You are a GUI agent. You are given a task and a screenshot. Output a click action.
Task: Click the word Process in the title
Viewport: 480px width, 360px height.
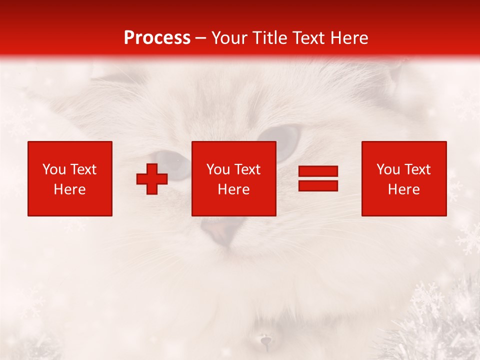[157, 37]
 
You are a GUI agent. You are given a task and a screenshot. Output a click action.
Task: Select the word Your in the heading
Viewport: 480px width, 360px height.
[229, 37]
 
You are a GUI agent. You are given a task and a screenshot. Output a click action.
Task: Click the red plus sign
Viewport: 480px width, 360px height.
[152, 179]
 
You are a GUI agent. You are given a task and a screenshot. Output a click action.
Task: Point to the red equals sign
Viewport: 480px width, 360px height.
[318, 178]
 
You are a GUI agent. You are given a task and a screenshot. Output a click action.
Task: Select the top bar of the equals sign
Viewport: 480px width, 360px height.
[318, 171]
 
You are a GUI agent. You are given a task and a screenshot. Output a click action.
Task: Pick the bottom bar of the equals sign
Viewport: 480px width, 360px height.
[318, 185]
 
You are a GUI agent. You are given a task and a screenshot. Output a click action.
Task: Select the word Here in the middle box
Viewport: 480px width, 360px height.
[234, 189]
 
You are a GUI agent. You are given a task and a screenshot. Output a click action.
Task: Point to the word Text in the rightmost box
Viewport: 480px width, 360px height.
[417, 169]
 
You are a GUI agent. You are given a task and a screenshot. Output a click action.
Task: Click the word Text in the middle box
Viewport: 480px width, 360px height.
[247, 169]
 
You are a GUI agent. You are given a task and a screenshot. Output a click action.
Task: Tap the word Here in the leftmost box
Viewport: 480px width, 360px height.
[70, 189]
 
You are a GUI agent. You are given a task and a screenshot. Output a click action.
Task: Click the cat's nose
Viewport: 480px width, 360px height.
[218, 231]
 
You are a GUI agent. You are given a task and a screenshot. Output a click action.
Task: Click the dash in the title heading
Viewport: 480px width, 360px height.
[201, 38]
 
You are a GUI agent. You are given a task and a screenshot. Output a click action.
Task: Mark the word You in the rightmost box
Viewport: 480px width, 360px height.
[388, 169]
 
